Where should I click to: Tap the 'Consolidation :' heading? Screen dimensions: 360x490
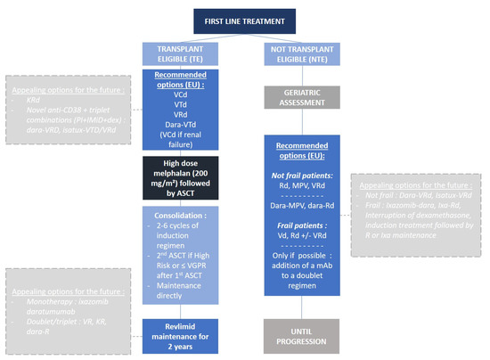(x=178, y=216)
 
